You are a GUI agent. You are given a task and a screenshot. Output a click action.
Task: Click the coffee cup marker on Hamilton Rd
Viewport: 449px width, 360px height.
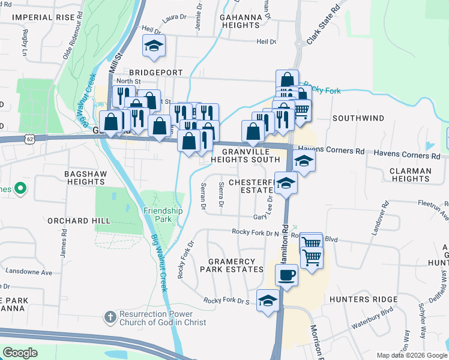click(286, 275)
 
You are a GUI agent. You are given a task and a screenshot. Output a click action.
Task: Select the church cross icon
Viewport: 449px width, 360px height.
click(109, 316)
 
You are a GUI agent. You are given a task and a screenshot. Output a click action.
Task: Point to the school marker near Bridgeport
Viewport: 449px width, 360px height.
click(154, 46)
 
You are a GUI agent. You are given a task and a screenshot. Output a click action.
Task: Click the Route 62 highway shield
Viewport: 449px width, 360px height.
click(29, 139)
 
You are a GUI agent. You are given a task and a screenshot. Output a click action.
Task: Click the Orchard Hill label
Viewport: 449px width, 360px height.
click(80, 221)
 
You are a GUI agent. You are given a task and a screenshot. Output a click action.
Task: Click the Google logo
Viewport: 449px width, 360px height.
click(20, 352)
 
